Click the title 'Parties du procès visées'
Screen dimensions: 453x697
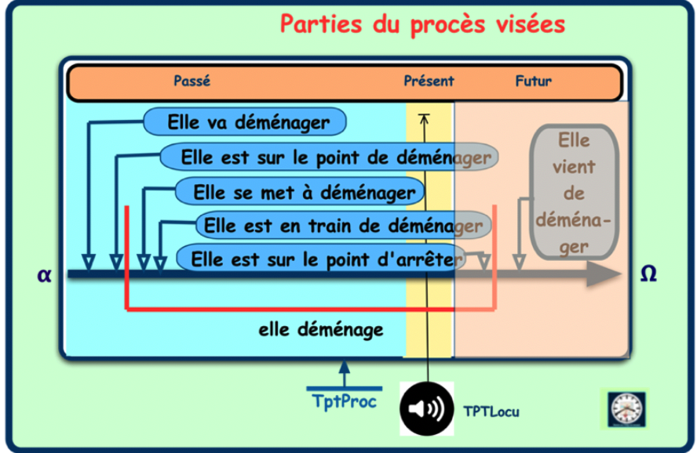pos(422,24)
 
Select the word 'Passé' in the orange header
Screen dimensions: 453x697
pos(192,81)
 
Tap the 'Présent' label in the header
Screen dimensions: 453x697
pos(429,81)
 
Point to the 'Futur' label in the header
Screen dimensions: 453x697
pos(534,81)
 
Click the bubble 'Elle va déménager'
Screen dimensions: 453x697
pos(247,122)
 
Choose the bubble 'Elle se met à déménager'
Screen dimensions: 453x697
pos(299,191)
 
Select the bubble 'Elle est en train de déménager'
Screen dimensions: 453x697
pos(342,226)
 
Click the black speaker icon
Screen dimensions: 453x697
pos(427,408)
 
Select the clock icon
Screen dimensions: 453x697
pos(626,408)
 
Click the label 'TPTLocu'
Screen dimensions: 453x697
pos(491,411)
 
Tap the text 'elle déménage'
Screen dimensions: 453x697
pos(321,330)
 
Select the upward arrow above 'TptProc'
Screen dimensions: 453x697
pos(344,368)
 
